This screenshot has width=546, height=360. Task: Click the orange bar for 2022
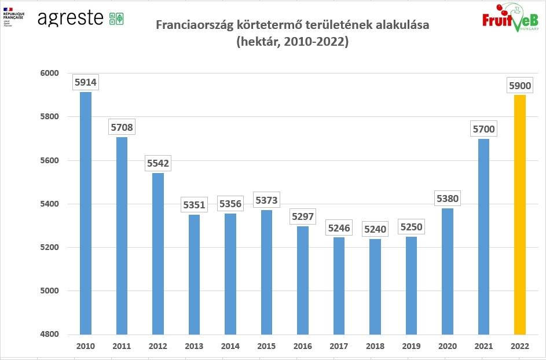(519, 214)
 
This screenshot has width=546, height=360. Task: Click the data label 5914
(86, 83)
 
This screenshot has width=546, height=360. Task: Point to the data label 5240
(375, 229)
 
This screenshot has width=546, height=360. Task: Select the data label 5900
(519, 86)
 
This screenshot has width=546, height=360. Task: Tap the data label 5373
(266, 200)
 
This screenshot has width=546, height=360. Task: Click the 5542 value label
(158, 163)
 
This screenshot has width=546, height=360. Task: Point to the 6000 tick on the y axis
(50, 73)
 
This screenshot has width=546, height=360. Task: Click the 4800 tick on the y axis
(50, 335)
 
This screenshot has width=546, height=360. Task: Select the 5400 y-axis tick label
(50, 204)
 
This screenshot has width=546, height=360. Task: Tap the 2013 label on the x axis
(194, 346)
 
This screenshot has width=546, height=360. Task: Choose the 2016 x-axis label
(303, 346)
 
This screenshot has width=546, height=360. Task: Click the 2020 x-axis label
(448, 346)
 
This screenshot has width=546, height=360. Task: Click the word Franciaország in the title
(191, 26)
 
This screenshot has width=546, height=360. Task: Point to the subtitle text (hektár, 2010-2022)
(292, 42)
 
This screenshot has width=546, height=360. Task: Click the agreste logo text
(71, 18)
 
